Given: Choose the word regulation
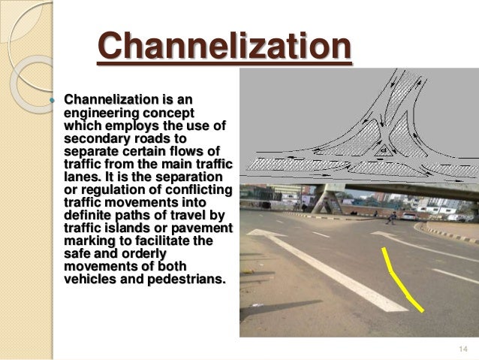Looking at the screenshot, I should click(x=116, y=190).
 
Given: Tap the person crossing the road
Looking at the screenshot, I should click(x=392, y=219).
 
